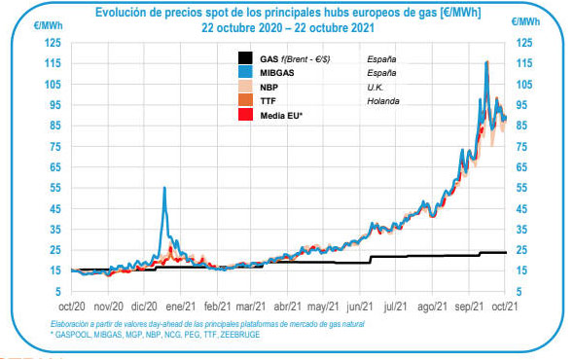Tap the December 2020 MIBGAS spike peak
click(x=164, y=188)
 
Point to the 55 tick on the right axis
click(x=524, y=187)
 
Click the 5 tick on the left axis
click(x=56, y=291)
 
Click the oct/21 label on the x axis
click(x=506, y=305)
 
